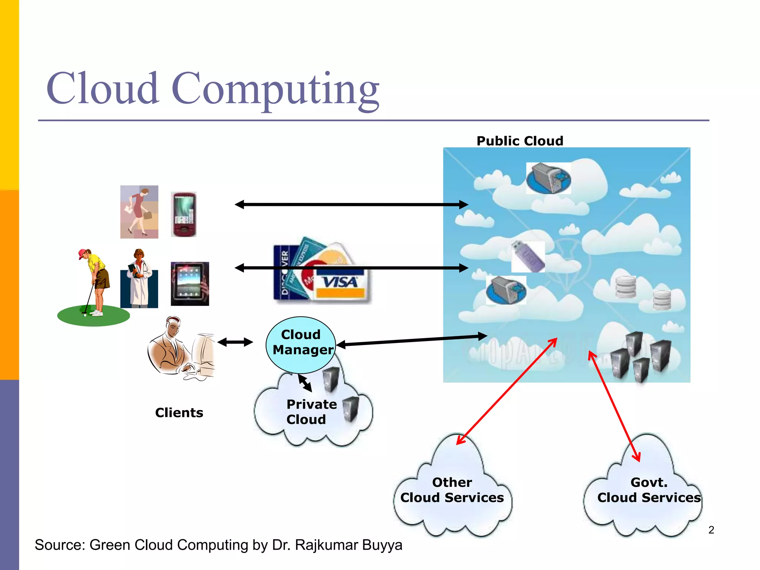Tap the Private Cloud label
tap(311, 412)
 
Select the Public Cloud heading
tap(520, 141)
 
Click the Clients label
tap(179, 413)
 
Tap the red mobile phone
tap(184, 214)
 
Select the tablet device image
tap(190, 284)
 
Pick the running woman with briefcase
tap(139, 212)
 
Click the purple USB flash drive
tap(528, 257)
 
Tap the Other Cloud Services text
tap(452, 490)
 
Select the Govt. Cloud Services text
tap(649, 490)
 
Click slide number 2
tap(711, 530)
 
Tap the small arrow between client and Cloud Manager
tap(235, 342)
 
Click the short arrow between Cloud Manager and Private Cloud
tap(305, 383)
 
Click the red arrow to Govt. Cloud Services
tap(615, 406)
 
